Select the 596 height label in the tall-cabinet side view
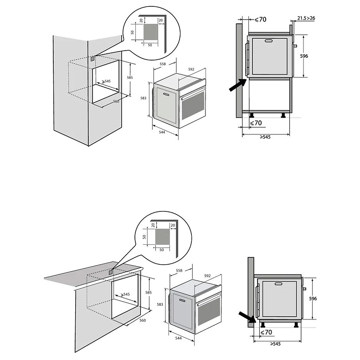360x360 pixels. pyautogui.click(x=304, y=56)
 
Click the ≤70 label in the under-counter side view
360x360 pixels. pyautogui.click(x=267, y=333)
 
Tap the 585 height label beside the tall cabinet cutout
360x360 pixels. pyautogui.click(x=130, y=77)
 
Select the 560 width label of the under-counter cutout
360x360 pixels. pyautogui.click(x=142, y=320)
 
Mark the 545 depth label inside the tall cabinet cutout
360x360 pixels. pyautogui.click(x=107, y=81)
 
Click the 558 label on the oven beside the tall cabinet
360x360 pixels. pyautogui.click(x=163, y=64)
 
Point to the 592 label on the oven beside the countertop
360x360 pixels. pyautogui.click(x=207, y=276)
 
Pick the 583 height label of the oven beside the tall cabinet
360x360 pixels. pyautogui.click(x=143, y=98)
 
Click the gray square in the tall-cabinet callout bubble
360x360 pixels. pyautogui.click(x=151, y=33)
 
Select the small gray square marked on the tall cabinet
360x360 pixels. pyautogui.click(x=93, y=59)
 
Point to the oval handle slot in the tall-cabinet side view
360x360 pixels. pyautogui.click(x=269, y=41)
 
